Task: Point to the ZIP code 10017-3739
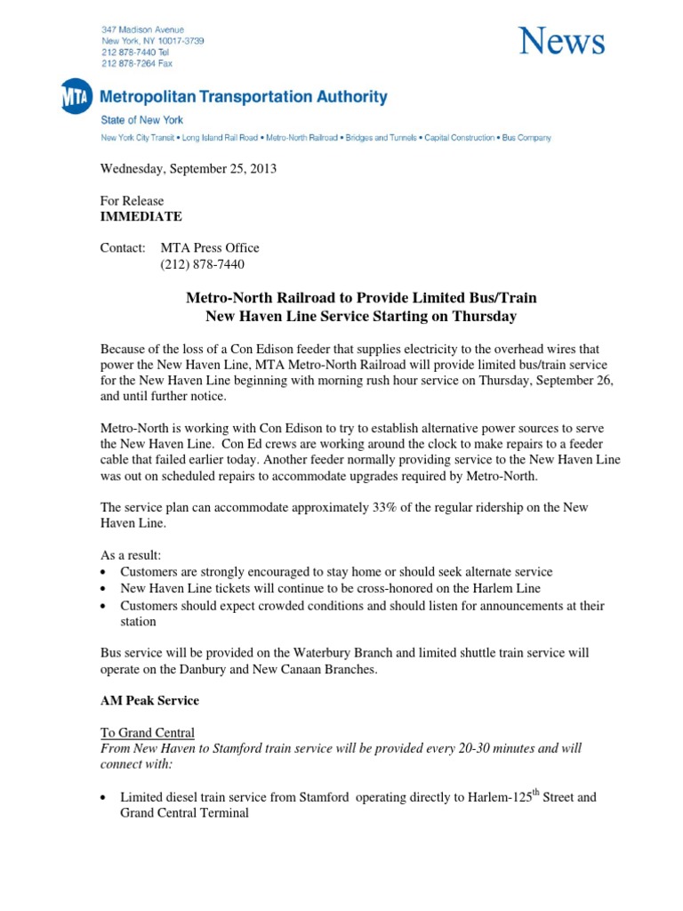tap(181, 41)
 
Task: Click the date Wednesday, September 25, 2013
tap(188, 169)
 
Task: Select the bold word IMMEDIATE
tap(141, 216)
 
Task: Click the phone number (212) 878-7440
tap(202, 264)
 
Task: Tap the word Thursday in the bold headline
tap(485, 316)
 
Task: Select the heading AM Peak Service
tap(149, 700)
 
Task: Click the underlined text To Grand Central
tap(147, 732)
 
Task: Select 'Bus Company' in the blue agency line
tap(526, 138)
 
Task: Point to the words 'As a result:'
tap(131, 555)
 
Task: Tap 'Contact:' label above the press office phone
tap(122, 248)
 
